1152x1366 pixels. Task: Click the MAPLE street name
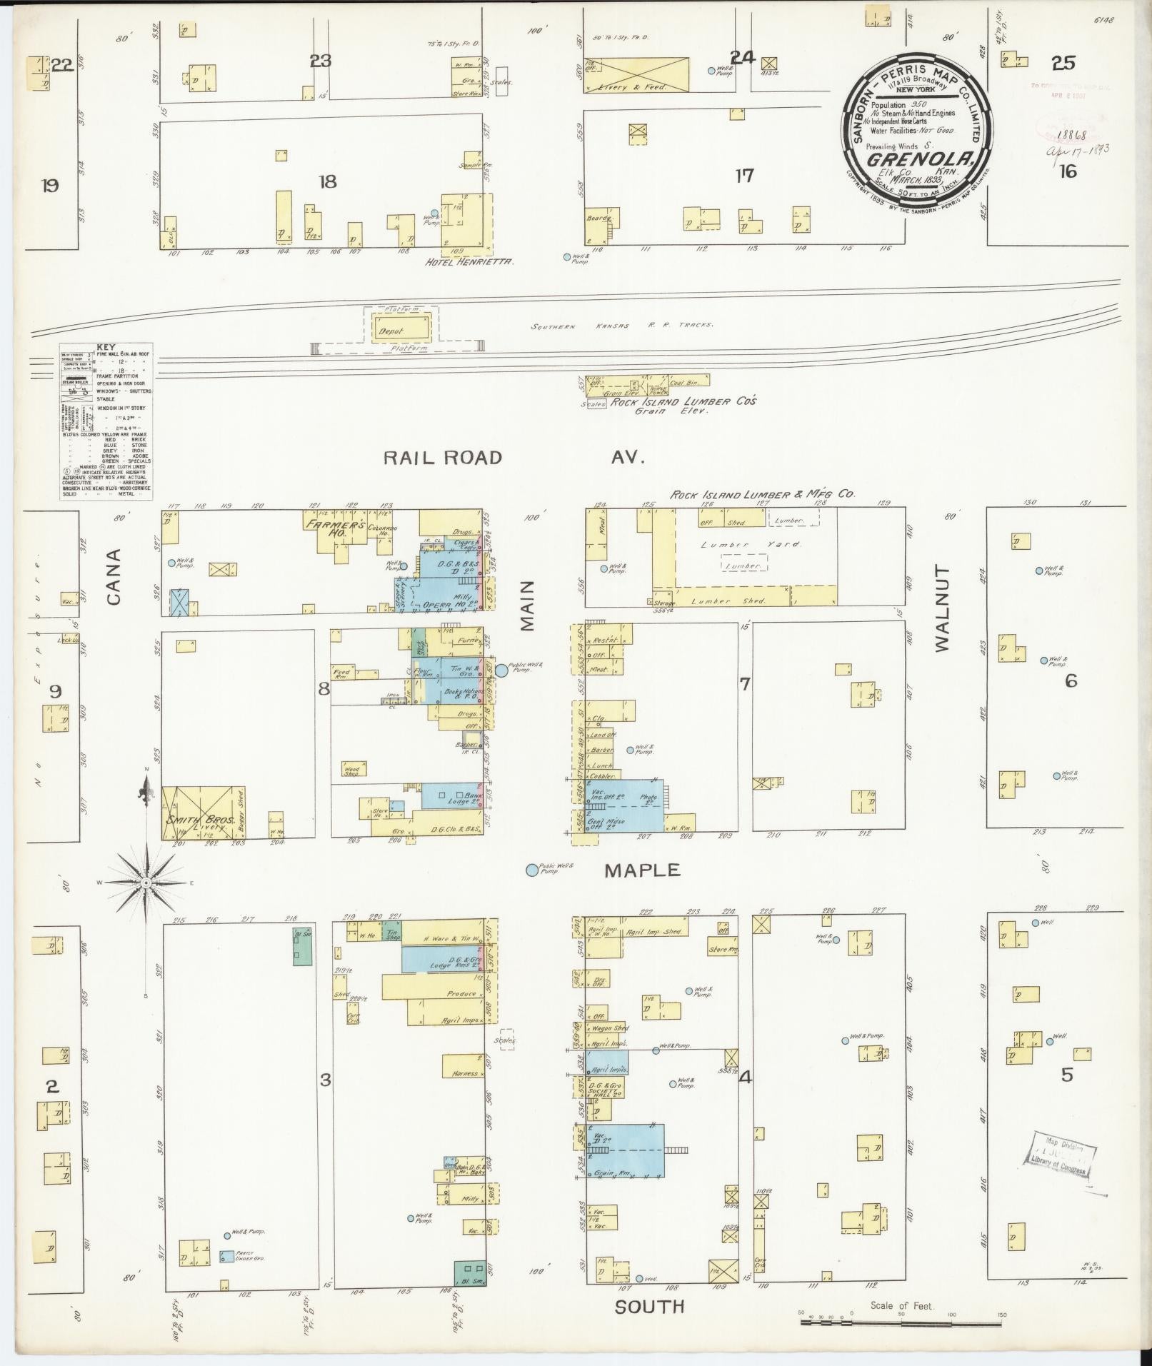pyautogui.click(x=642, y=870)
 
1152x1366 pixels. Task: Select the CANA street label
pyautogui.click(x=114, y=576)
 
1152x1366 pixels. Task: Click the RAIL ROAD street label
pyautogui.click(x=443, y=458)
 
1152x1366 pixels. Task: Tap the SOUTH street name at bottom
pyautogui.click(x=649, y=1306)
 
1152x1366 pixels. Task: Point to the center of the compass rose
pyautogui.click(x=146, y=883)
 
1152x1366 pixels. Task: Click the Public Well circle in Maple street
pyautogui.click(x=532, y=870)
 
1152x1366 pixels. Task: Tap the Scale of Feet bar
pyautogui.click(x=901, y=1322)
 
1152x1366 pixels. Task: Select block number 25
pyautogui.click(x=1063, y=64)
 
